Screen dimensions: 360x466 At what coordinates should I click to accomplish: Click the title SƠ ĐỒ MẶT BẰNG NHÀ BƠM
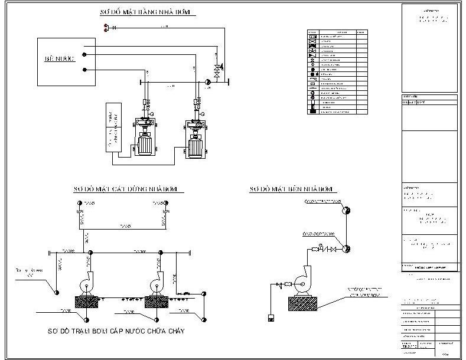[x=147, y=12]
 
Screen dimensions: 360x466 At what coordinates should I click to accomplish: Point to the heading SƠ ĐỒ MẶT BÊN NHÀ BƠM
[x=292, y=189]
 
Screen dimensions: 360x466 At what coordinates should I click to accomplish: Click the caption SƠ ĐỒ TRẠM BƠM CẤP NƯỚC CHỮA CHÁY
[x=116, y=332]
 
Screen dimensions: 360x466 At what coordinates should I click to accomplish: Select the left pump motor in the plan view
[x=144, y=143]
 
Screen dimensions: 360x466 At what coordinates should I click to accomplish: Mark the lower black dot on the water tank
[x=85, y=70]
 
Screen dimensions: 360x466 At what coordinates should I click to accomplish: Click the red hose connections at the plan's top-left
[x=106, y=27]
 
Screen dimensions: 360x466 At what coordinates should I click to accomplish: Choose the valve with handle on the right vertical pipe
[x=217, y=69]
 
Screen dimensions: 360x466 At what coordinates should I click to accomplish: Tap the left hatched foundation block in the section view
[x=87, y=300]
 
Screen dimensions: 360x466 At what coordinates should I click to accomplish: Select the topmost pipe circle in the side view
[x=348, y=210]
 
